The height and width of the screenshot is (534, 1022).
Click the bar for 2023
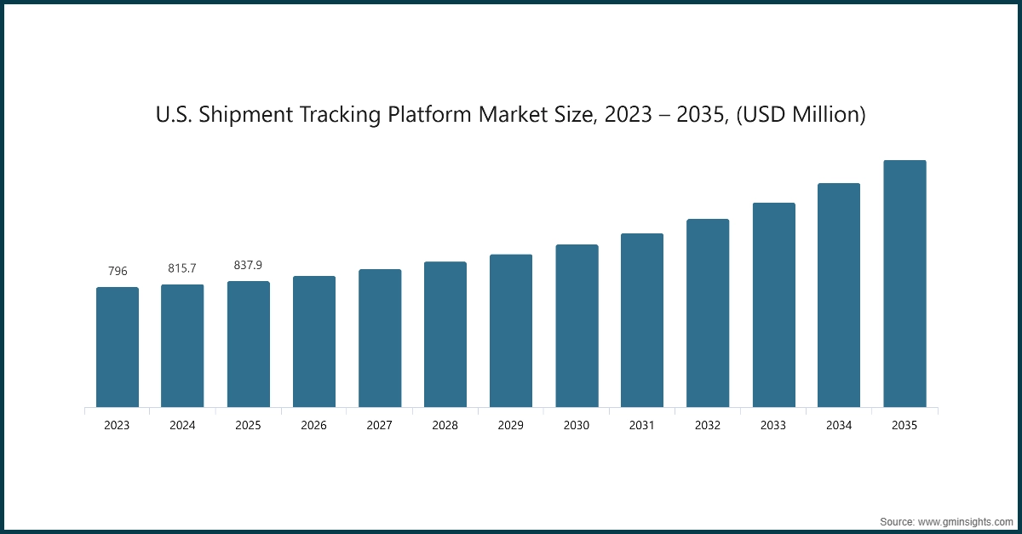point(118,347)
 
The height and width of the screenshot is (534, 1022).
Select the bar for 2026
point(314,342)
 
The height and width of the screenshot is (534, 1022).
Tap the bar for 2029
point(511,330)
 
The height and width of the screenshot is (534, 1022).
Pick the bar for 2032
point(708,313)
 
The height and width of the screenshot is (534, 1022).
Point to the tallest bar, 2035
point(904,284)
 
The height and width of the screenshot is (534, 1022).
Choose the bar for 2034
point(839,295)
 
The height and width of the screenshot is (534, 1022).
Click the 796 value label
point(118,271)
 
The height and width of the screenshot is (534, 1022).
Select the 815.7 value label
point(182,268)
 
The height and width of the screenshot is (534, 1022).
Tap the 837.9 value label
point(248,266)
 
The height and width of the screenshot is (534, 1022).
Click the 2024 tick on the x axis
point(182,425)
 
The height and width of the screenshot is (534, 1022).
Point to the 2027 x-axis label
point(380,425)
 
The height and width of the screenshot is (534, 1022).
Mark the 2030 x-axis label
point(577,425)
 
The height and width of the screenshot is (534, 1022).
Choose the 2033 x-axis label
point(773,425)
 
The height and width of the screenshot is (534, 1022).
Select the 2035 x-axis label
point(904,425)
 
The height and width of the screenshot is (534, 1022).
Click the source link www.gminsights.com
point(965,520)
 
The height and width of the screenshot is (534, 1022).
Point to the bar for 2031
point(642,320)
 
